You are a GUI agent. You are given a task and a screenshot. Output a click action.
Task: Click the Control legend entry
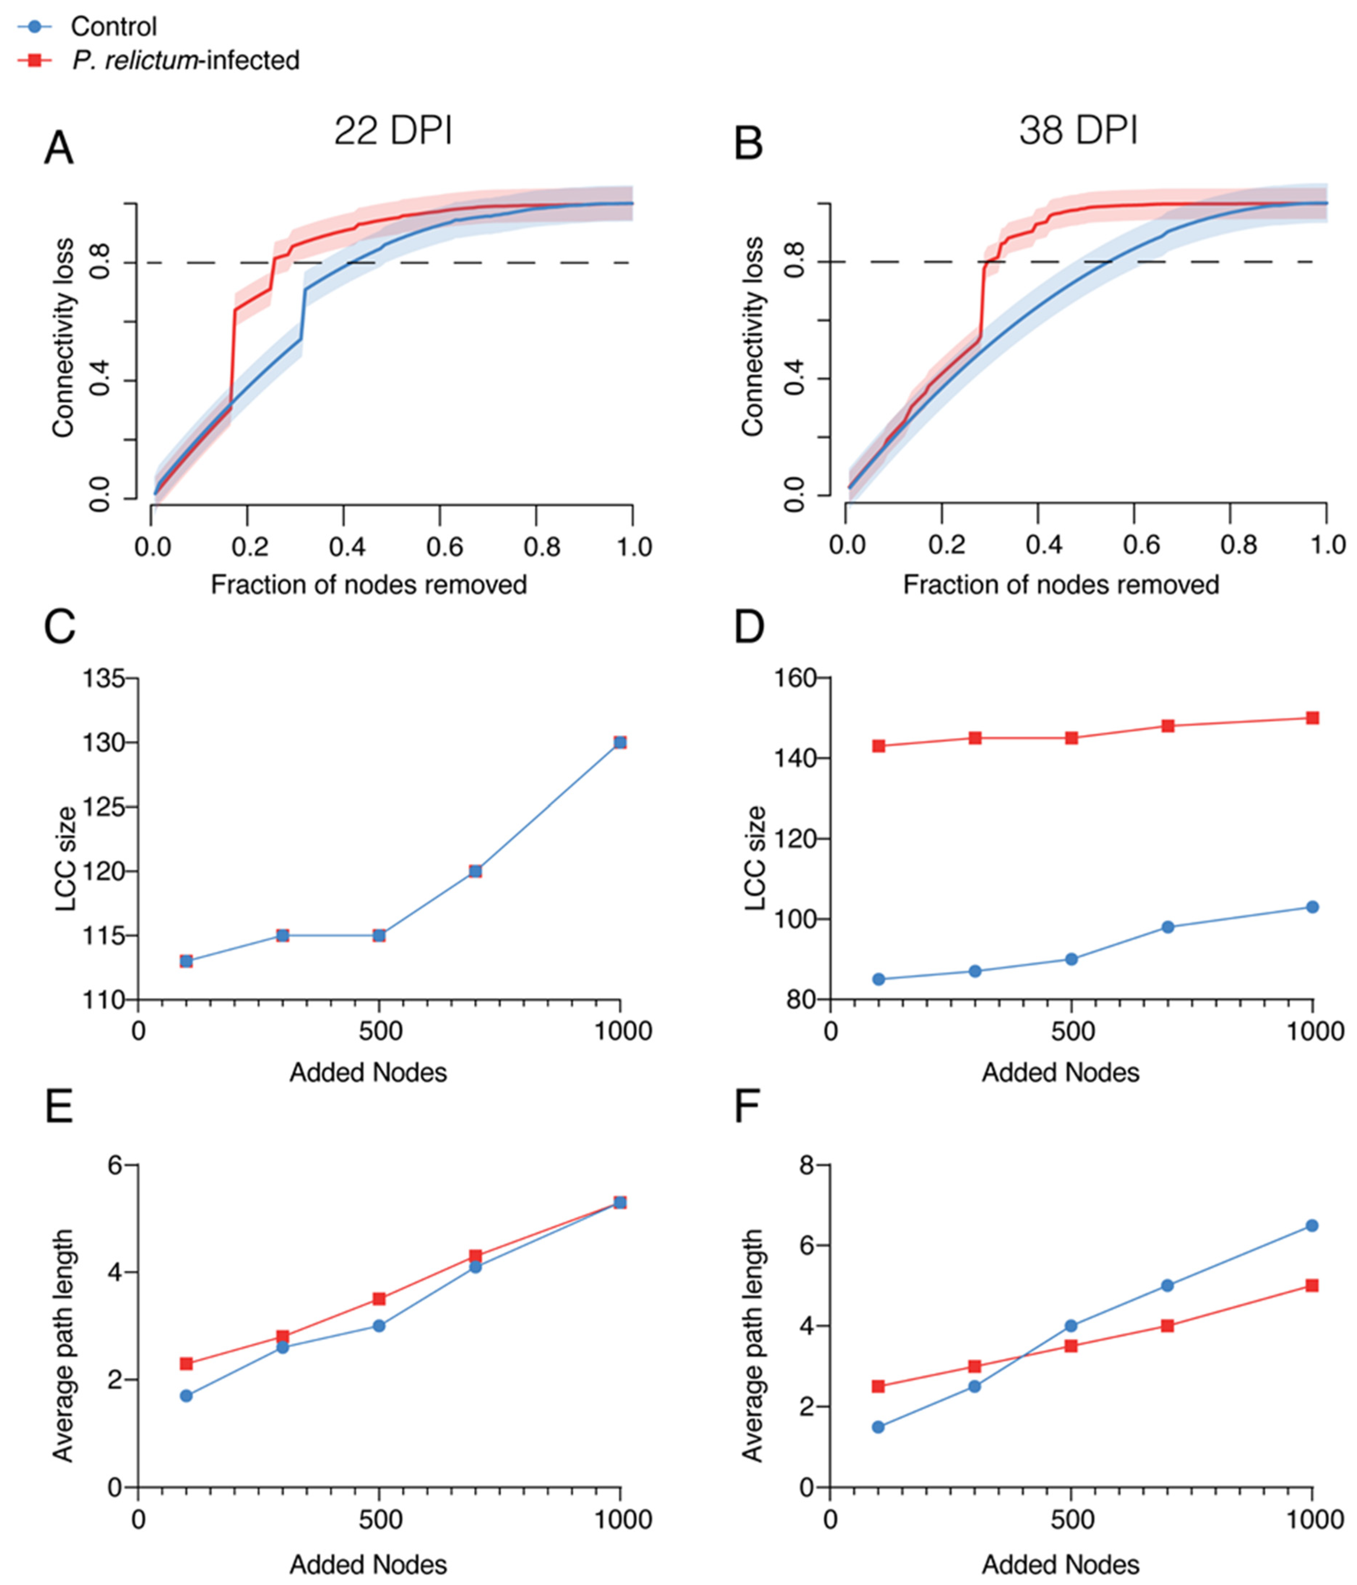[x=113, y=27]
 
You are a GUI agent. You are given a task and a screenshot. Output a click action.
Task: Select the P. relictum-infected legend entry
[x=186, y=60]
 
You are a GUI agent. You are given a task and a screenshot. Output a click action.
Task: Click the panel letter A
[x=59, y=148]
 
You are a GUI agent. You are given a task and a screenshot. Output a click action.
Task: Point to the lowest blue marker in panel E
[x=186, y=1396]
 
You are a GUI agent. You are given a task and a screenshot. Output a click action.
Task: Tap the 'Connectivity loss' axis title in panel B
[x=754, y=336]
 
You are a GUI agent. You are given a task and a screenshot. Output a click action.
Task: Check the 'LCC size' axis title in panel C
[x=66, y=858]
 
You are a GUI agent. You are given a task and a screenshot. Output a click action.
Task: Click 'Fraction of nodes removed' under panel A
[x=369, y=585]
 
